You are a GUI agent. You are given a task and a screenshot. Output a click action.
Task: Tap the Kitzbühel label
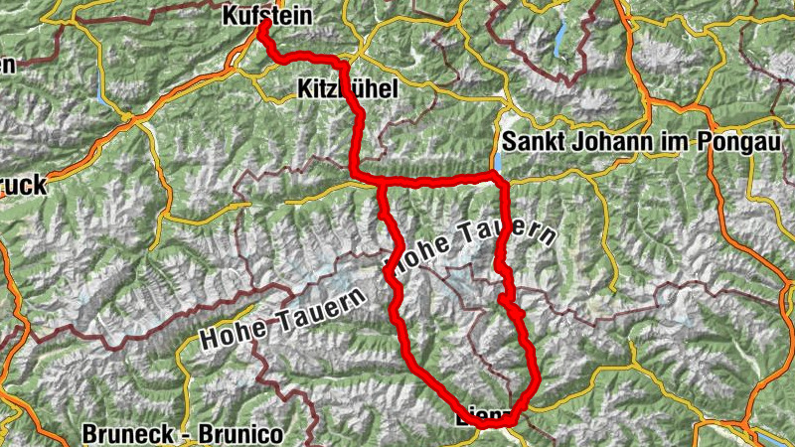pyautogui.click(x=347, y=90)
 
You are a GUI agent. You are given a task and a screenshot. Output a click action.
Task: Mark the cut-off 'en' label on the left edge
pyautogui.click(x=8, y=68)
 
